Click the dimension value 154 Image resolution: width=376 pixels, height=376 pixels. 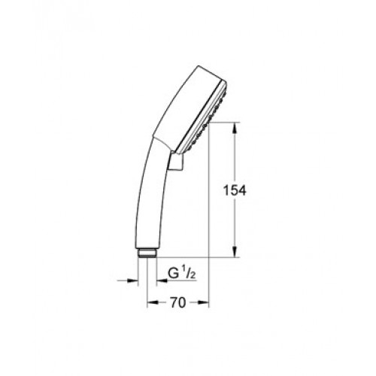[x=235, y=191]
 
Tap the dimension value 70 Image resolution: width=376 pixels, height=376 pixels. [x=178, y=302]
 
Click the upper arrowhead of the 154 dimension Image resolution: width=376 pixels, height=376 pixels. [x=235, y=128]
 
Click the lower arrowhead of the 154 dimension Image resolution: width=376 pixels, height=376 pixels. [x=235, y=251]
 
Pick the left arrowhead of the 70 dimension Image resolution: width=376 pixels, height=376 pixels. [x=153, y=302]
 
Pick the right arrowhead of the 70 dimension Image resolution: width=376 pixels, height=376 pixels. [x=203, y=302]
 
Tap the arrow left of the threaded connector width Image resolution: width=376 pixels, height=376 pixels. [x=128, y=281]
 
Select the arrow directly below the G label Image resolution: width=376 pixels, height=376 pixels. [x=176, y=281]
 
